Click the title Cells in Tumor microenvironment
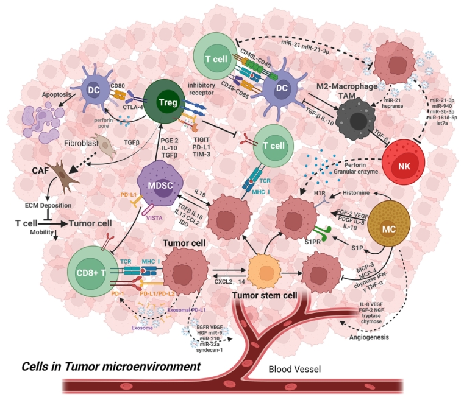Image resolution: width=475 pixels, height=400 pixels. point(111,367)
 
